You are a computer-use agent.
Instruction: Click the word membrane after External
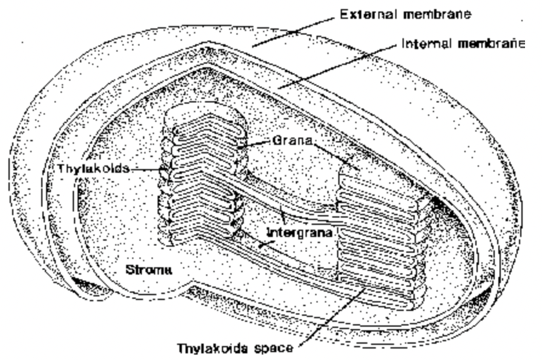[437, 15]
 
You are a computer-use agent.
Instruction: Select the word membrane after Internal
[491, 44]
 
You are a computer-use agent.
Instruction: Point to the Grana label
[292, 141]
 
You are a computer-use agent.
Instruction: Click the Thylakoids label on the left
[93, 168]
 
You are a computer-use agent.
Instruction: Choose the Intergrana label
[300, 233]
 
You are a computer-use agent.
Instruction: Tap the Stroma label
[149, 270]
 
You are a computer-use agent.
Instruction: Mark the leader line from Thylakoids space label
[332, 316]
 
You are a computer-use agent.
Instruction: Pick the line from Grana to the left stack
[255, 144]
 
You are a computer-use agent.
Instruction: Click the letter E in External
[344, 15]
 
